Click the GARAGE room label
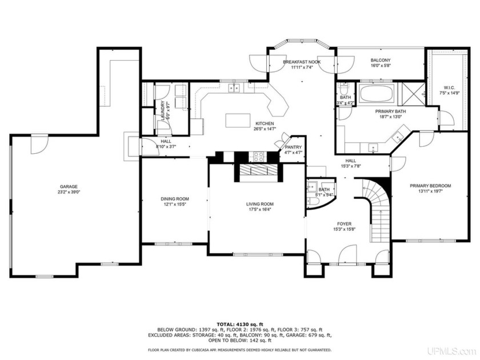point(69,187)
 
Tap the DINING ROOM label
point(174,199)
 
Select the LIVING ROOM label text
point(259,204)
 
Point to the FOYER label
point(344,224)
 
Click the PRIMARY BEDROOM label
point(430,186)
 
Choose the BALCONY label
point(380,60)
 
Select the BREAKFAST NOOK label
point(302,62)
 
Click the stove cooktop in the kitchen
point(257,155)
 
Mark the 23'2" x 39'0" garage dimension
point(69,193)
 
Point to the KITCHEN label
point(265,123)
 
